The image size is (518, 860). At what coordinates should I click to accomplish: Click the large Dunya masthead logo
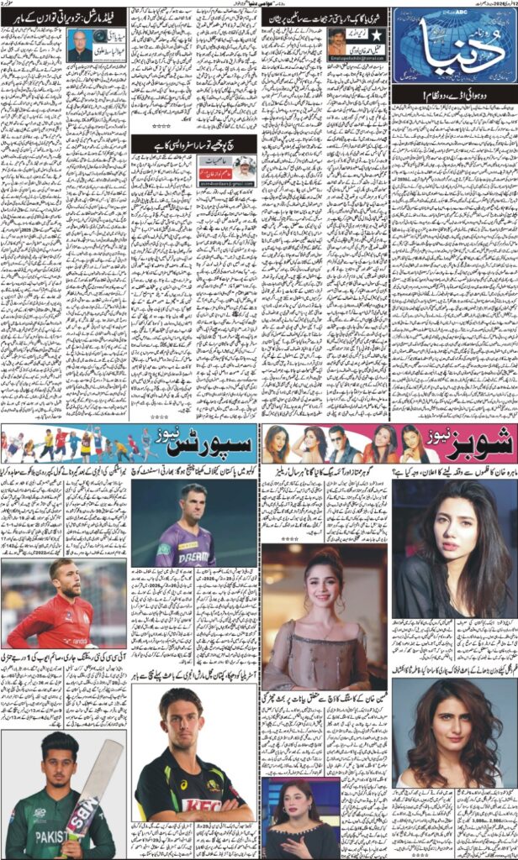click(x=454, y=51)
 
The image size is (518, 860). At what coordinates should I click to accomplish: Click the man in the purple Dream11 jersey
click(x=186, y=525)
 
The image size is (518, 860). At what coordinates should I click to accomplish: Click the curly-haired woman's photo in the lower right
click(x=455, y=731)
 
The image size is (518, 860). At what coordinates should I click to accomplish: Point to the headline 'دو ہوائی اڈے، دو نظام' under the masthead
click(x=455, y=100)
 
